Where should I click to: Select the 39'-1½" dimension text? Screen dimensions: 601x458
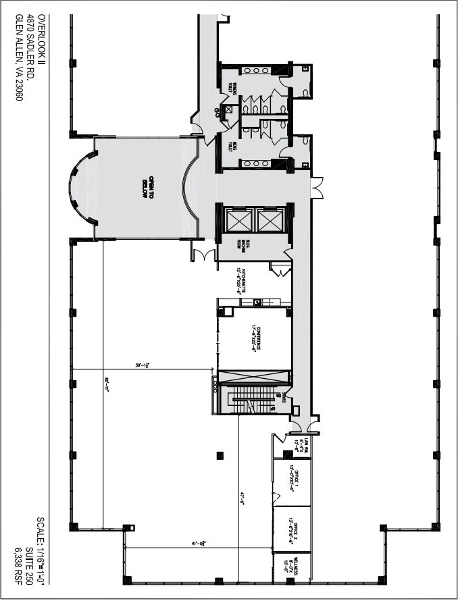[x=141, y=365]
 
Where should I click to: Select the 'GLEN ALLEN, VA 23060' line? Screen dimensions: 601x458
[x=18, y=57]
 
